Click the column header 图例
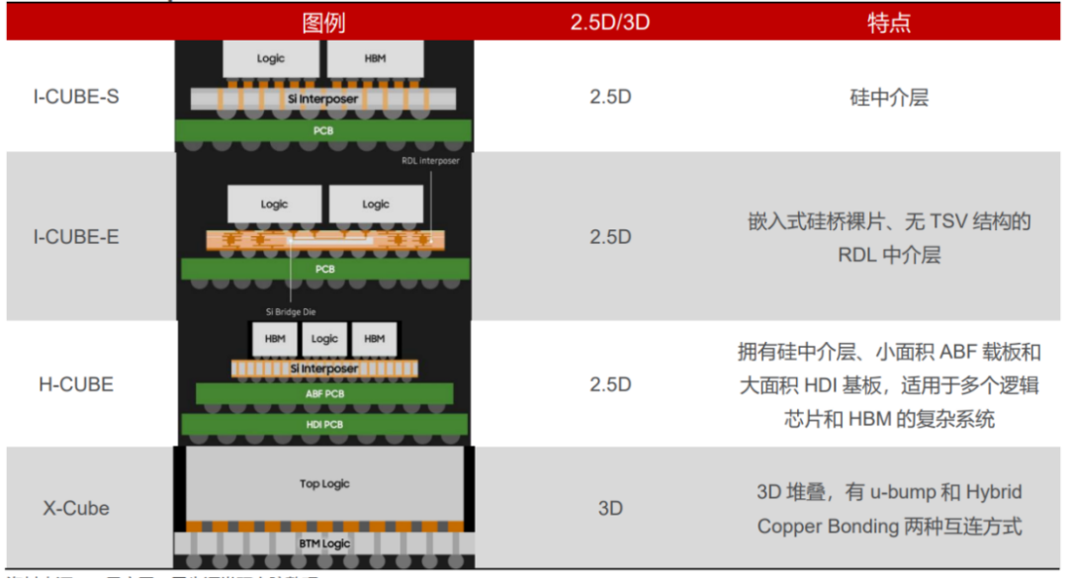click(323, 23)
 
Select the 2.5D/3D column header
click(610, 23)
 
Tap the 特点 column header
click(889, 23)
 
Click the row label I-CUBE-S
click(76, 97)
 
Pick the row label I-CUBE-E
click(76, 237)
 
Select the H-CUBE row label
click(76, 384)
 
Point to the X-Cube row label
click(76, 509)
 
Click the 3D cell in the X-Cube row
click(610, 509)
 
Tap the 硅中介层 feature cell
click(889, 97)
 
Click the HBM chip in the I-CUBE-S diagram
click(375, 59)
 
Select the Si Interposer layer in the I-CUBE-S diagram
click(324, 100)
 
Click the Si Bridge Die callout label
click(291, 312)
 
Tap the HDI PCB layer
click(324, 425)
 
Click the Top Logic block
click(324, 484)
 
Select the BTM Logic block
click(324, 544)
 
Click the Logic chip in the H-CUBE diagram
click(324, 339)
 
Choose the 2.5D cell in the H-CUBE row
click(610, 384)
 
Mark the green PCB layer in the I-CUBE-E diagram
click(324, 269)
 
